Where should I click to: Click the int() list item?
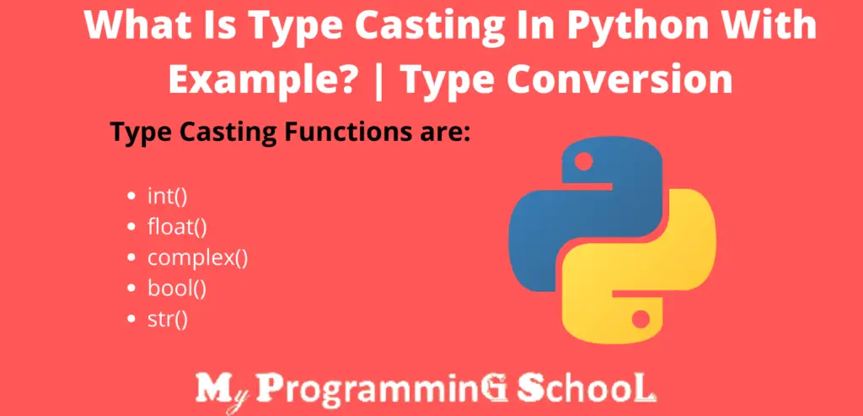pyautogui.click(x=167, y=197)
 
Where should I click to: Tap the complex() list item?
pyautogui.click(x=198, y=257)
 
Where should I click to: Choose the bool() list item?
pyautogui.click(x=177, y=288)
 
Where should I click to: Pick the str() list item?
pyautogui.click(x=167, y=318)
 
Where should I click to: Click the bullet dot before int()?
pyautogui.click(x=131, y=197)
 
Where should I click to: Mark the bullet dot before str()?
pyautogui.click(x=131, y=318)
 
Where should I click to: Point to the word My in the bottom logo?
pyautogui.click(x=221, y=390)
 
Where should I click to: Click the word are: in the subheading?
pyautogui.click(x=438, y=133)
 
